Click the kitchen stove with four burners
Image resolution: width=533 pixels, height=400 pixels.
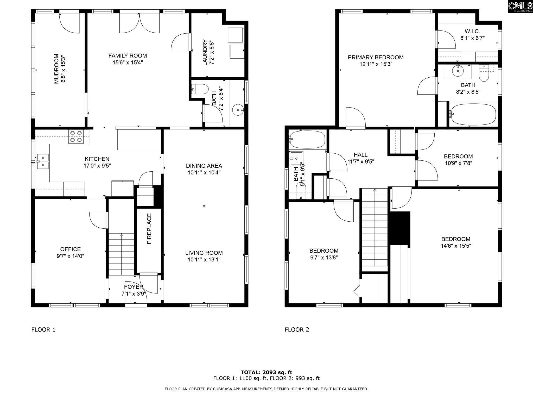[x=76, y=137]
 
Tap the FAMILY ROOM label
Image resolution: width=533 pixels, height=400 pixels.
[x=128, y=56]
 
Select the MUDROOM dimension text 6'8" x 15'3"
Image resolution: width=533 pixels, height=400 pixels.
[x=63, y=69]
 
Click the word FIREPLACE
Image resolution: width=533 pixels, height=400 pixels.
[x=149, y=229]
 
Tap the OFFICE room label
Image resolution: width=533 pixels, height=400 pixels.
[x=71, y=249]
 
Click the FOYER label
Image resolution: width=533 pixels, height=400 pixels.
[x=134, y=287]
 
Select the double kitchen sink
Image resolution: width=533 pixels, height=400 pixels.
[x=43, y=161]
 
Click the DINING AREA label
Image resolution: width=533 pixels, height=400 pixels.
[x=204, y=166]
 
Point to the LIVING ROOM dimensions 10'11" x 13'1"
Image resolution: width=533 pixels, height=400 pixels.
[x=204, y=260]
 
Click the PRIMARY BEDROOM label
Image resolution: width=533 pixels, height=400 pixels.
[x=376, y=58]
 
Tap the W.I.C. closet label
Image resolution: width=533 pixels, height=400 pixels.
[x=472, y=32]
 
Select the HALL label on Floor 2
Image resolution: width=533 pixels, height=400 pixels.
[x=360, y=155]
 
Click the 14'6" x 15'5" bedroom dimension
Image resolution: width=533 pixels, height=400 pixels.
[x=456, y=246]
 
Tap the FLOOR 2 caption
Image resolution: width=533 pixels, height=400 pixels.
[x=297, y=330]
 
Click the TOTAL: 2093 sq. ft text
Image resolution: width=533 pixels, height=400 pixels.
[x=266, y=372]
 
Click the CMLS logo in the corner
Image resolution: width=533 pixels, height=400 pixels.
[x=520, y=7]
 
